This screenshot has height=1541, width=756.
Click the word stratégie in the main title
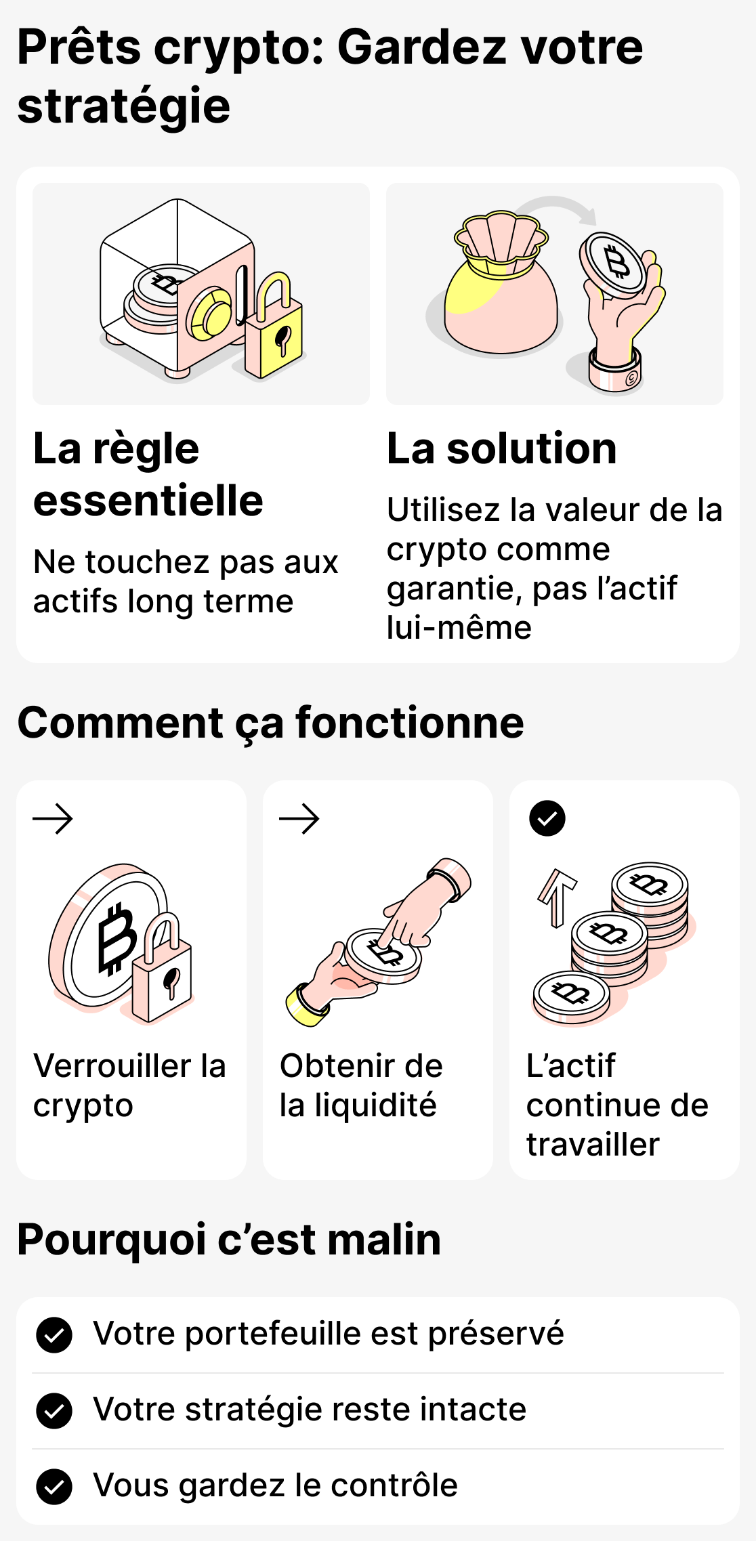124,107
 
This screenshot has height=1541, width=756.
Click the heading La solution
501,448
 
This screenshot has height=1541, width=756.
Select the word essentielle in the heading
148,501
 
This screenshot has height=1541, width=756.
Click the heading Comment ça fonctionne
270,723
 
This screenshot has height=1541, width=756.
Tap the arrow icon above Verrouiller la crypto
53,818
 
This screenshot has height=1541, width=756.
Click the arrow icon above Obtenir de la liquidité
299,818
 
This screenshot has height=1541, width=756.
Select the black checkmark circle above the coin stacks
547,818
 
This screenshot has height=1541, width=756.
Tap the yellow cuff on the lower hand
306,1005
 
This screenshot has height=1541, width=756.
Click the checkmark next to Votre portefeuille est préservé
54,1335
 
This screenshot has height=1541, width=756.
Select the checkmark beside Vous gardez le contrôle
54,1487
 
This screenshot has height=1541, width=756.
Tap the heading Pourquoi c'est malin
229,1240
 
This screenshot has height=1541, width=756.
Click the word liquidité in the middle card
375,1105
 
